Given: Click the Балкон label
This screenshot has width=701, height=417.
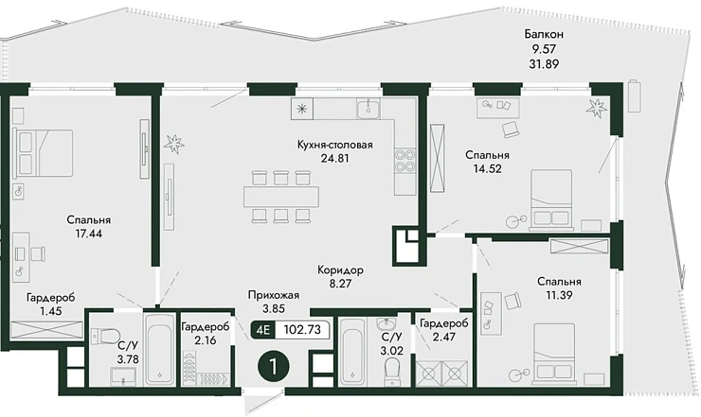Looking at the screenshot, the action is [x=544, y=34].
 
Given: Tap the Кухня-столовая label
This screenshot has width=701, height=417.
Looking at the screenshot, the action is [x=334, y=145].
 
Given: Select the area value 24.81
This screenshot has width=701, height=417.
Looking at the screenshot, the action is [x=334, y=158].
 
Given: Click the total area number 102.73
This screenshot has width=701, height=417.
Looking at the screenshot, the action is [x=302, y=330].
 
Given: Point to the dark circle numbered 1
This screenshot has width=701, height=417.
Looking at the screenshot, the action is [x=274, y=367].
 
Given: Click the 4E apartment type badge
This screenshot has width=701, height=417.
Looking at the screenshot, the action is [x=263, y=330].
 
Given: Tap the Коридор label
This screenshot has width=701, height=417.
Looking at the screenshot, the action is [x=340, y=270].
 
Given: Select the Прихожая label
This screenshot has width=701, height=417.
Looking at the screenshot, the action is [x=273, y=295].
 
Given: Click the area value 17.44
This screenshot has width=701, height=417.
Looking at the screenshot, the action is [x=88, y=233].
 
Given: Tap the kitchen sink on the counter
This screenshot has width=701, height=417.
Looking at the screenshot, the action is [x=368, y=108].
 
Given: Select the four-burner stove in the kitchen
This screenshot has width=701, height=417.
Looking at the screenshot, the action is [x=405, y=161].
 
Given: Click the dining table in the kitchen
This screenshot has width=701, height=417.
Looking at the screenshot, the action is [x=281, y=197].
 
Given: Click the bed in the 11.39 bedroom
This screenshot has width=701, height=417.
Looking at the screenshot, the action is [x=554, y=354].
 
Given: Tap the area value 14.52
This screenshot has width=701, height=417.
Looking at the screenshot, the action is [x=487, y=168].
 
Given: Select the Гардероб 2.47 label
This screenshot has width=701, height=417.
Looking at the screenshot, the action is [x=444, y=329].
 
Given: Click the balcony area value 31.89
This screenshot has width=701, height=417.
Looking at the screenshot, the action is [x=544, y=64].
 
